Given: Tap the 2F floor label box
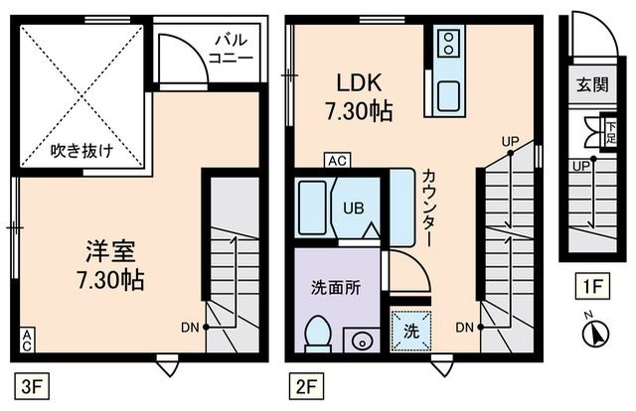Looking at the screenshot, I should pyautogui.click(x=302, y=382).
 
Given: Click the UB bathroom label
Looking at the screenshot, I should pyautogui.click(x=354, y=208).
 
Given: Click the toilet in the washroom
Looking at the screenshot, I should pyautogui.click(x=319, y=334).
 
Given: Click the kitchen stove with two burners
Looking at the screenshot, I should pyautogui.click(x=447, y=43).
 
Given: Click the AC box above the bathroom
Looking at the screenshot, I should pyautogui.click(x=334, y=160).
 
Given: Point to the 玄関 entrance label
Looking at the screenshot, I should pyautogui.click(x=592, y=85).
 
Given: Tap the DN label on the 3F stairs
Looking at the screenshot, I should pyautogui.click(x=190, y=326).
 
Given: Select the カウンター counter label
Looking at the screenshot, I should pyautogui.click(x=429, y=205).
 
